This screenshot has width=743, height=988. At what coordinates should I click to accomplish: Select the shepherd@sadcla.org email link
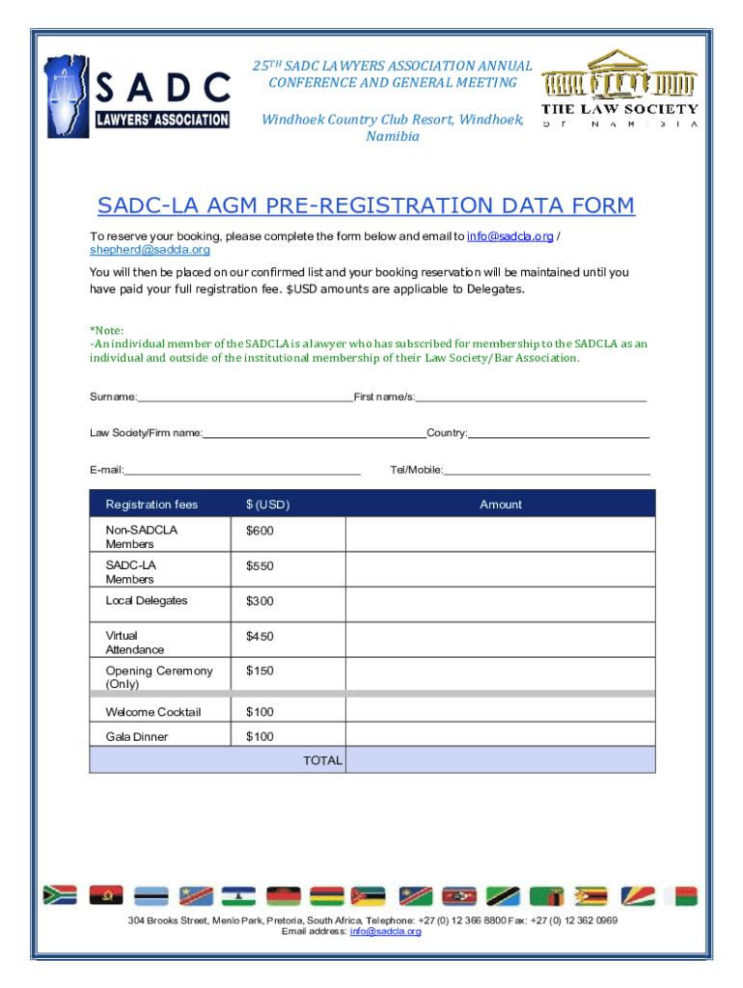[x=136, y=250]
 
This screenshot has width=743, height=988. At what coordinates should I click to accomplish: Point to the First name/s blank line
[x=531, y=397]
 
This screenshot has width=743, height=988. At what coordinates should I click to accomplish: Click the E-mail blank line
[x=242, y=471]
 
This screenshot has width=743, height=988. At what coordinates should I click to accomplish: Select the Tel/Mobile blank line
[x=546, y=471]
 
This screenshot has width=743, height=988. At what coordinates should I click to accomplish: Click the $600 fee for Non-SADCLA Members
[x=260, y=532]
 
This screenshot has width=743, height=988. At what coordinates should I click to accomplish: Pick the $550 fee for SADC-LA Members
[x=260, y=566]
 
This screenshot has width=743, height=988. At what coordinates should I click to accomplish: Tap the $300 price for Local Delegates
[x=260, y=601]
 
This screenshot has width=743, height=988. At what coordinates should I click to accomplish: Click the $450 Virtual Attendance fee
[x=260, y=637]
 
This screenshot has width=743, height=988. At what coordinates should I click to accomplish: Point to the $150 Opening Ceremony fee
[x=260, y=672]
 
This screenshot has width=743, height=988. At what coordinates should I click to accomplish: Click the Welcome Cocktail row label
[x=153, y=712]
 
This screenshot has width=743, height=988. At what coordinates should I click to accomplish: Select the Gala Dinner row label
[x=137, y=737]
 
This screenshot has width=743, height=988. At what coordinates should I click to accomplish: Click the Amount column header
[x=500, y=505]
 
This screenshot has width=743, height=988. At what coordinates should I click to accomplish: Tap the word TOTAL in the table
[x=322, y=760]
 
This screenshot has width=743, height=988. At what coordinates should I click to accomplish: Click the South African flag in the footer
[x=60, y=895]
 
